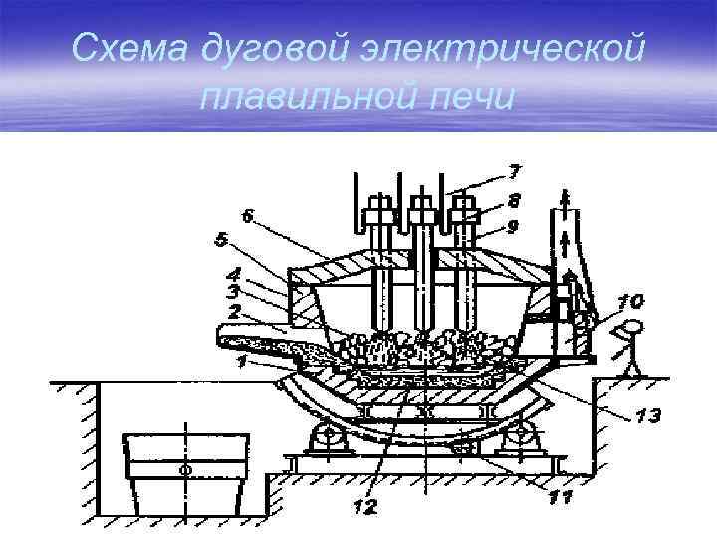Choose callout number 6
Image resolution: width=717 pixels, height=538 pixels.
coord(245,215)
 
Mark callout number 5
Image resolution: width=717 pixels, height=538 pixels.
coord(220,240)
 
